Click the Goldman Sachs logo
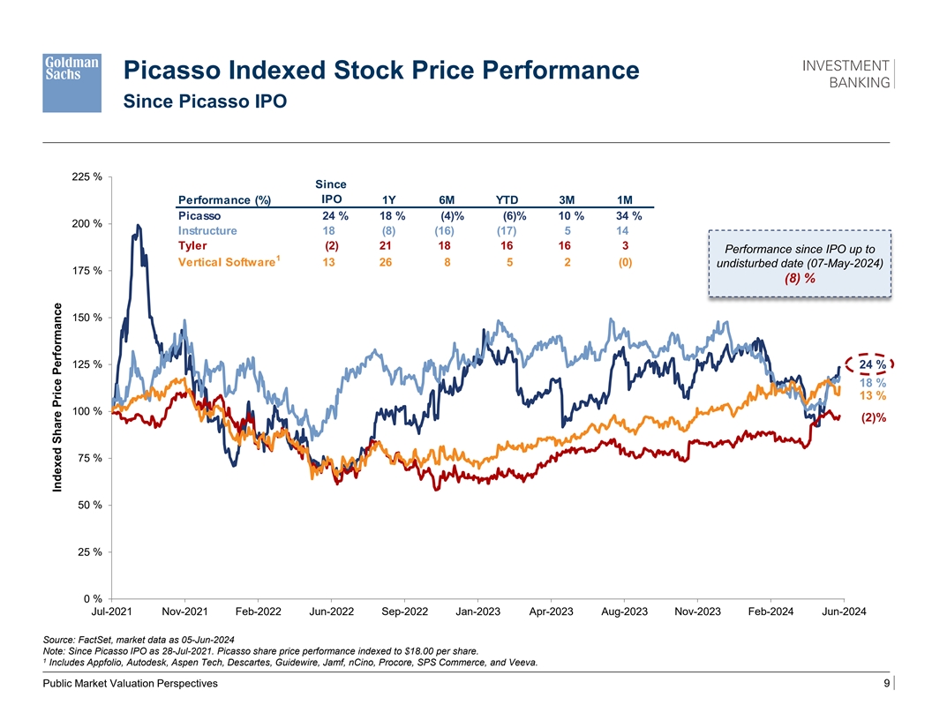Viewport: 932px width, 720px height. pos(72,80)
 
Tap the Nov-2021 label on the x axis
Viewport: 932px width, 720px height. pos(186,612)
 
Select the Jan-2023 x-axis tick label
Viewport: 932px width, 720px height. pos(477,612)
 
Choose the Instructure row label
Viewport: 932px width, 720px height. pos(207,230)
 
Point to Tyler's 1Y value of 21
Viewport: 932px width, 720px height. pos(385,245)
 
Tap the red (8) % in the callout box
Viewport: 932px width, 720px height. pos(800,279)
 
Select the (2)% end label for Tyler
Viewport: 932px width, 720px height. pos(874,418)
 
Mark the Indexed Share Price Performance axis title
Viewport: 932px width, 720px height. pos(56,405)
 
